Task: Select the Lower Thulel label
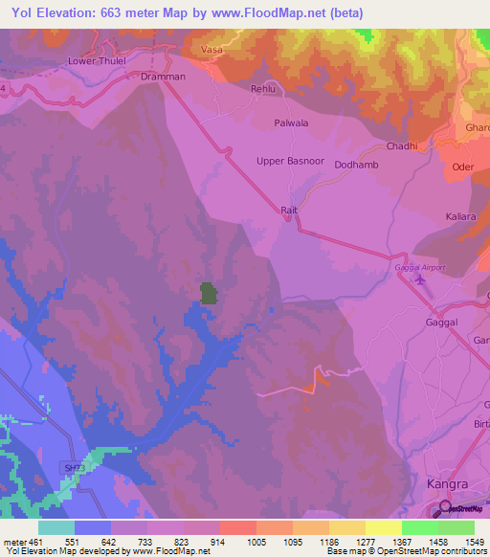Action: pyautogui.click(x=96, y=60)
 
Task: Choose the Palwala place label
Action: pyautogui.click(x=292, y=123)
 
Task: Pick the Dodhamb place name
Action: pyautogui.click(x=358, y=165)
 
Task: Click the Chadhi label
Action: pyautogui.click(x=401, y=145)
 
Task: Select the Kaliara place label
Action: pyautogui.click(x=460, y=217)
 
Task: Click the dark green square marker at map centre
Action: pyautogui.click(x=208, y=293)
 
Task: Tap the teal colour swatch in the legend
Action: pyautogui.click(x=56, y=527)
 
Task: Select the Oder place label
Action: pyautogui.click(x=463, y=166)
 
